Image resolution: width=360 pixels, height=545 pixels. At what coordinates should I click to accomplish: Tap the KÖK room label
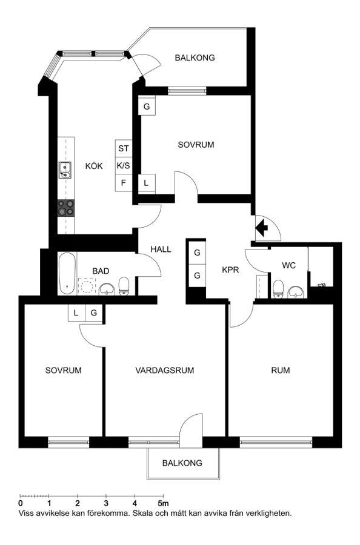[94, 166]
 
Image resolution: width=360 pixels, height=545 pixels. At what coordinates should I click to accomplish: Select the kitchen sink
[65, 170]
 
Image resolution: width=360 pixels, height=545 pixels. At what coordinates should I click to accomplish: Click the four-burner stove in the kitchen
[66, 208]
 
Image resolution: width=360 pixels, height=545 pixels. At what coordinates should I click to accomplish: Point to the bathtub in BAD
[67, 274]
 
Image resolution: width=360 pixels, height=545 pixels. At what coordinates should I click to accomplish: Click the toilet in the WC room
[278, 289]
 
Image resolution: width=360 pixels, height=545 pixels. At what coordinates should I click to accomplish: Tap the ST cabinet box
[124, 148]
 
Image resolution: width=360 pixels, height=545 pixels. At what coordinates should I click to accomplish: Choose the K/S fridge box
[124, 166]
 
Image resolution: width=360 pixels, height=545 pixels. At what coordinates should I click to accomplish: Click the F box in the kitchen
[124, 182]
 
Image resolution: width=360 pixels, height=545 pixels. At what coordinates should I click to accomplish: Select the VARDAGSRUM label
[165, 370]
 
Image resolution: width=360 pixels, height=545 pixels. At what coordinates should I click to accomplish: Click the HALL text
[161, 249]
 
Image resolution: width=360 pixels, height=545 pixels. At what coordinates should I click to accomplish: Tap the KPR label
[230, 269]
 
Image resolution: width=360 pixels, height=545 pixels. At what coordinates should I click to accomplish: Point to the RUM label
[281, 370]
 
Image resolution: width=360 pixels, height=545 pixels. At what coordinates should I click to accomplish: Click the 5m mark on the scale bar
[163, 503]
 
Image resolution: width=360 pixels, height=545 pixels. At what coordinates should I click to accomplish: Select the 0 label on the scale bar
[21, 503]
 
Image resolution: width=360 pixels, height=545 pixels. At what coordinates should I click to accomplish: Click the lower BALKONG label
[182, 463]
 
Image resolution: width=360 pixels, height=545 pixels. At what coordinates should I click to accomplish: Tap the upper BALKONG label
[195, 58]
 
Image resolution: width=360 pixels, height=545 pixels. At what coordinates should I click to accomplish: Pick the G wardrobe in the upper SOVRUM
[147, 107]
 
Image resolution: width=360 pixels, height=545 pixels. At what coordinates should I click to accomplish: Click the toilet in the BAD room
[124, 286]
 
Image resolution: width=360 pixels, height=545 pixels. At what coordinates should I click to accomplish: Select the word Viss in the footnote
[25, 514]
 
